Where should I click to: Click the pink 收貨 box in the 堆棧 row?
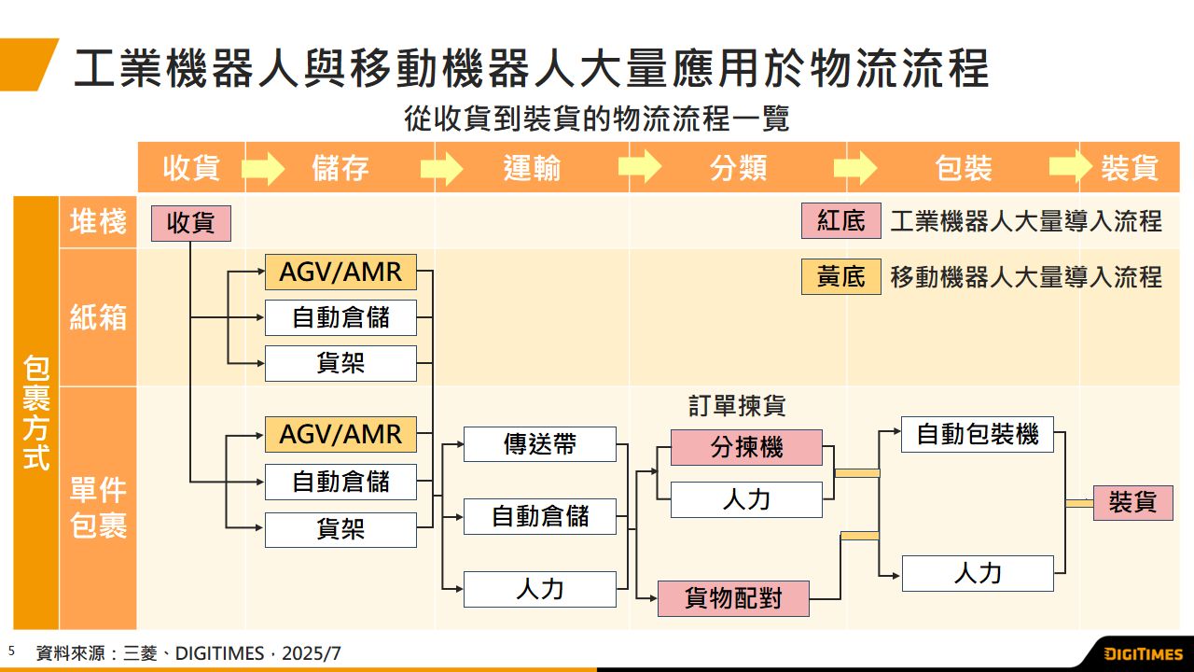coord(190,224)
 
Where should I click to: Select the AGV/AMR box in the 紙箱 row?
coord(340,272)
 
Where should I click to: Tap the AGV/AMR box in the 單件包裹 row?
coord(340,434)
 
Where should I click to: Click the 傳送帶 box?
coord(540,444)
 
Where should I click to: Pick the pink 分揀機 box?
coord(746,447)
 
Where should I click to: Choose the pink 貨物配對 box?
coord(733,598)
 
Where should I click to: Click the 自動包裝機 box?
coord(977,434)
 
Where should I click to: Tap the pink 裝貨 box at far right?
coord(1132,502)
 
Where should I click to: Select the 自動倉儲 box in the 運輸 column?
coord(540,516)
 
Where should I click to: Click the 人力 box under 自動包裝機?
coord(977,573)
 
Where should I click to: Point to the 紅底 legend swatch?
coord(840,221)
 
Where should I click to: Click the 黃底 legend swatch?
coord(840,277)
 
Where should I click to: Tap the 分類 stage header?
coord(738,168)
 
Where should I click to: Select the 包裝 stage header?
coord(963,168)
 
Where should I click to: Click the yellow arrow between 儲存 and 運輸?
coord(441,168)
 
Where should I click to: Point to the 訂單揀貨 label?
coord(737,406)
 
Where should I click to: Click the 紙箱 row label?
coord(98,317)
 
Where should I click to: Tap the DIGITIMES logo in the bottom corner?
coord(1143,654)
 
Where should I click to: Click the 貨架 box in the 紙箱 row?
coord(340,363)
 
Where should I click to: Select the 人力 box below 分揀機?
coord(746,499)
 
